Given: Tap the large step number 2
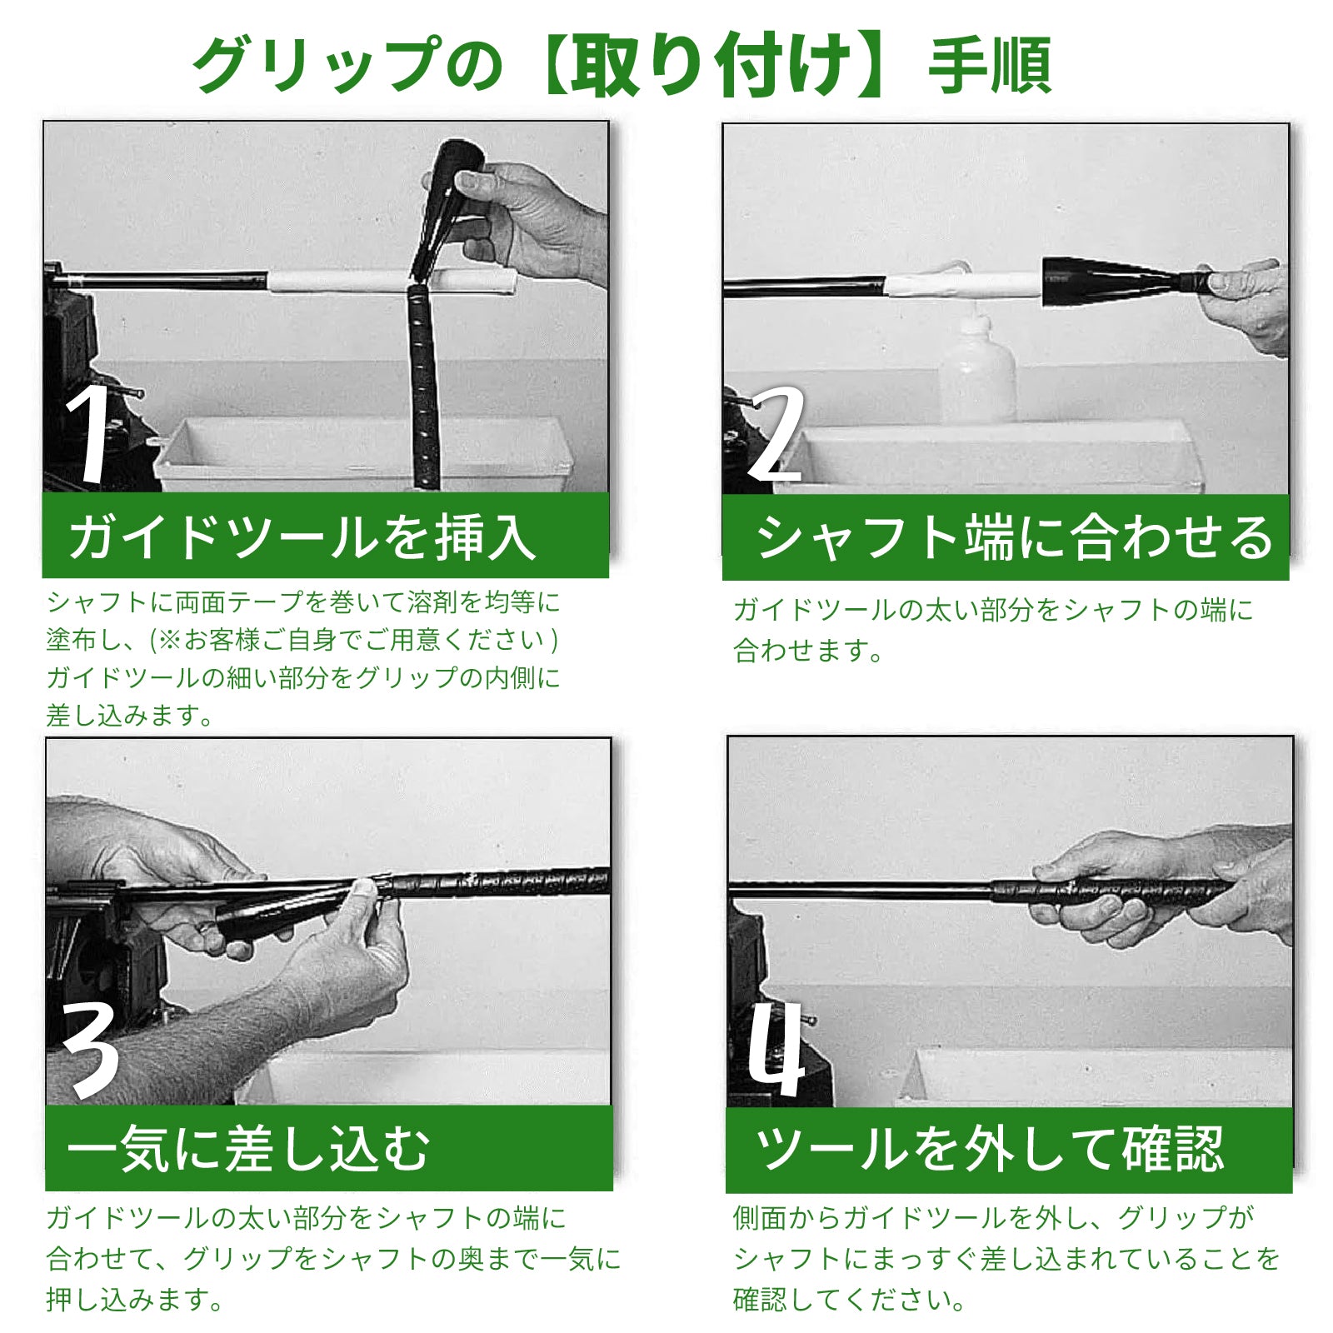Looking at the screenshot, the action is [x=776, y=433].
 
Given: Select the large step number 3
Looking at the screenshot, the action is [x=90, y=1048].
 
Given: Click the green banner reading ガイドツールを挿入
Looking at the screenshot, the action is [x=326, y=535].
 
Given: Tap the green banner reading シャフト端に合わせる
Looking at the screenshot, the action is [x=1006, y=537].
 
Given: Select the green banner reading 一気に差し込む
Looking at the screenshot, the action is [x=329, y=1148].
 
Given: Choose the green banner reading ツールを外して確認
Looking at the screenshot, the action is [x=1009, y=1150].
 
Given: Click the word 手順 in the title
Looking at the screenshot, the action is [x=991, y=67].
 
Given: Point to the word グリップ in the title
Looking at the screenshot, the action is [x=316, y=67].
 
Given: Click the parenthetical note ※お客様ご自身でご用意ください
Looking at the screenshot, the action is [x=355, y=639].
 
